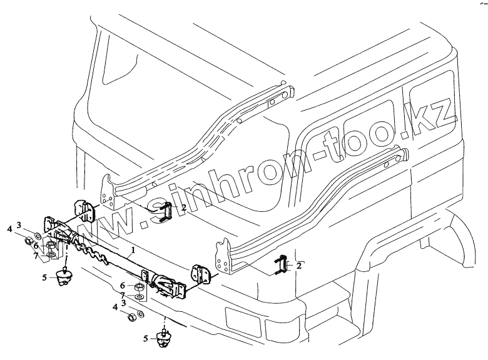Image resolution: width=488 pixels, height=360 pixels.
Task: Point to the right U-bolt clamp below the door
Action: pyautogui.click(x=282, y=266)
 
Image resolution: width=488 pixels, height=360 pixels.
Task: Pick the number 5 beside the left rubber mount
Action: pyautogui.click(x=44, y=276)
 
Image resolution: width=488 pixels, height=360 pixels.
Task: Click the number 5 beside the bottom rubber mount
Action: pyautogui.click(x=146, y=339)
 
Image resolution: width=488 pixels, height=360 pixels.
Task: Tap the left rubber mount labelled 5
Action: pyautogui.click(x=63, y=277)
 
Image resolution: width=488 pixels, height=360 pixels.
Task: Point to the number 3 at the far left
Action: pyautogui.click(x=19, y=225)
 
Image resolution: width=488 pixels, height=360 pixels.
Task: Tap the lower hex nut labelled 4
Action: pyautogui.click(x=132, y=317)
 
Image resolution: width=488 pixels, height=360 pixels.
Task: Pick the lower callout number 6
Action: pyautogui.click(x=123, y=286)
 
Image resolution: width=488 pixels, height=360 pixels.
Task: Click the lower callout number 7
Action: pyautogui.click(x=123, y=294)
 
